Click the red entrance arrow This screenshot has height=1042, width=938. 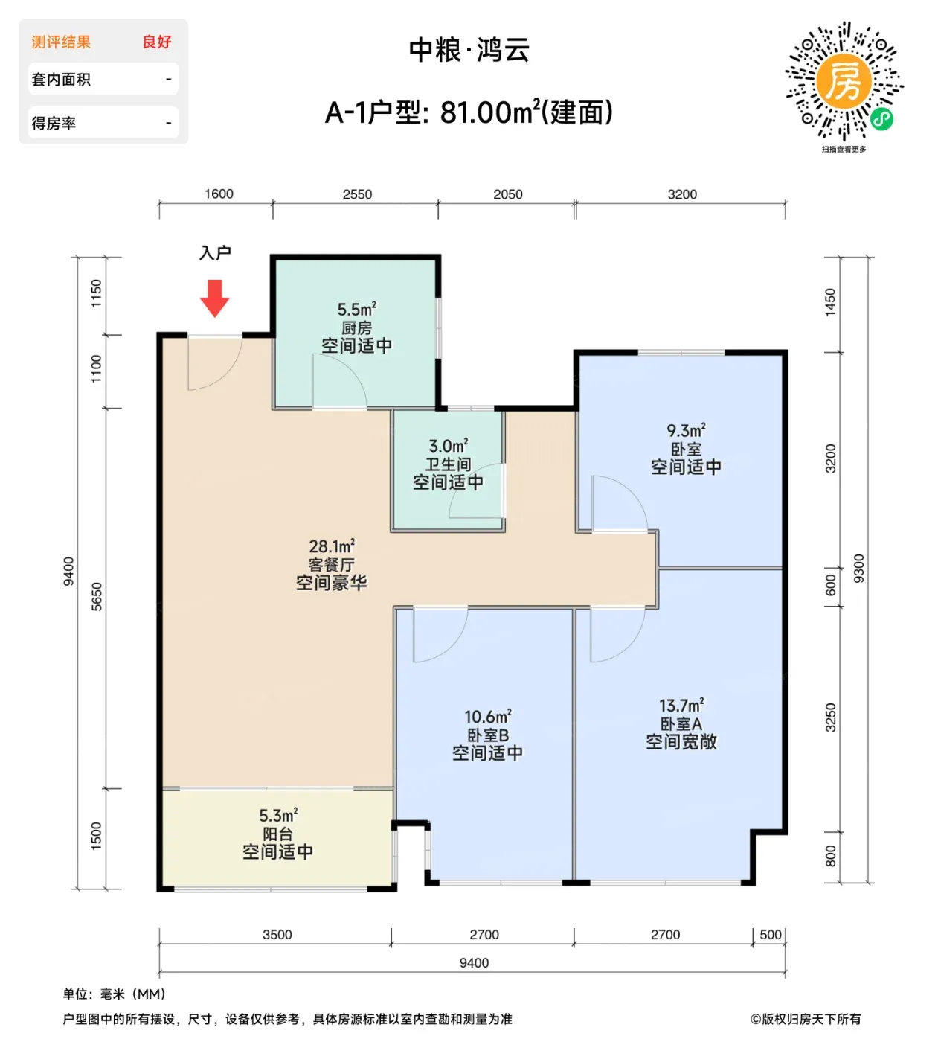coord(214,298)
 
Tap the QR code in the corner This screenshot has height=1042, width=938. coord(844,81)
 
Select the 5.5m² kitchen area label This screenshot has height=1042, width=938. coord(356,310)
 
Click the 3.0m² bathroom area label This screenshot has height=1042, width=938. coord(449,447)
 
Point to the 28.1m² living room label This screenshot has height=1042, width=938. coord(332,546)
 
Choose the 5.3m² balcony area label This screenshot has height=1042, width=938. coord(278,816)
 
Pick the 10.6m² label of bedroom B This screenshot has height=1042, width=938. coord(488,717)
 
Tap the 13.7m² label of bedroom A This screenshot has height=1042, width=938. coord(681,706)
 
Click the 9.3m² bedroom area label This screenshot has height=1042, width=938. coord(686,431)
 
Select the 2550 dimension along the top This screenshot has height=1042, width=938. coord(357,194)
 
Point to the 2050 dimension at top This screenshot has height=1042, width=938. coord(507,194)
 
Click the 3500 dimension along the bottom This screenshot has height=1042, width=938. coord(277,935)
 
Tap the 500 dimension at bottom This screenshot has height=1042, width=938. coord(770,935)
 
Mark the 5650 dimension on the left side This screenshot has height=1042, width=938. coord(97,597)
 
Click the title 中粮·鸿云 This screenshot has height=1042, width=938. coord(469,51)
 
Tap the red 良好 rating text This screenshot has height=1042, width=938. coord(157,42)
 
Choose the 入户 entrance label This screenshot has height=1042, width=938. coord(215,253)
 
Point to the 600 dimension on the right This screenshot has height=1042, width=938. coord(830,586)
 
